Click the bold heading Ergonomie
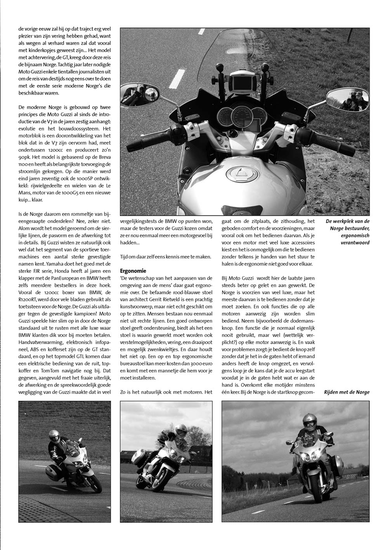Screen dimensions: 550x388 (133, 271)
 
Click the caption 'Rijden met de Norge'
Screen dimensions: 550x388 (346, 392)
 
